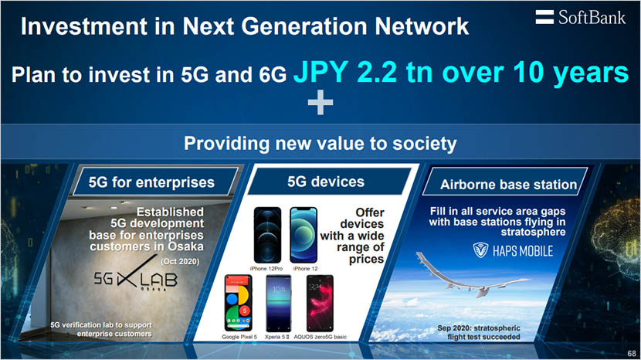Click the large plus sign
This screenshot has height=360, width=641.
coord(320,104)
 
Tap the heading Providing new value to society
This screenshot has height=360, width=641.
coord(320,144)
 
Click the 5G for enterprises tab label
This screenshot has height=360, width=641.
coord(151,183)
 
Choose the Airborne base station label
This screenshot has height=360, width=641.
coord(508,185)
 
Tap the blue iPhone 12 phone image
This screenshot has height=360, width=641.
coord(304,236)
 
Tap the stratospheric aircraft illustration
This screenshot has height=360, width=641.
coord(494,290)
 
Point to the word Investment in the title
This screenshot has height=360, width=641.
coord(86,26)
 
